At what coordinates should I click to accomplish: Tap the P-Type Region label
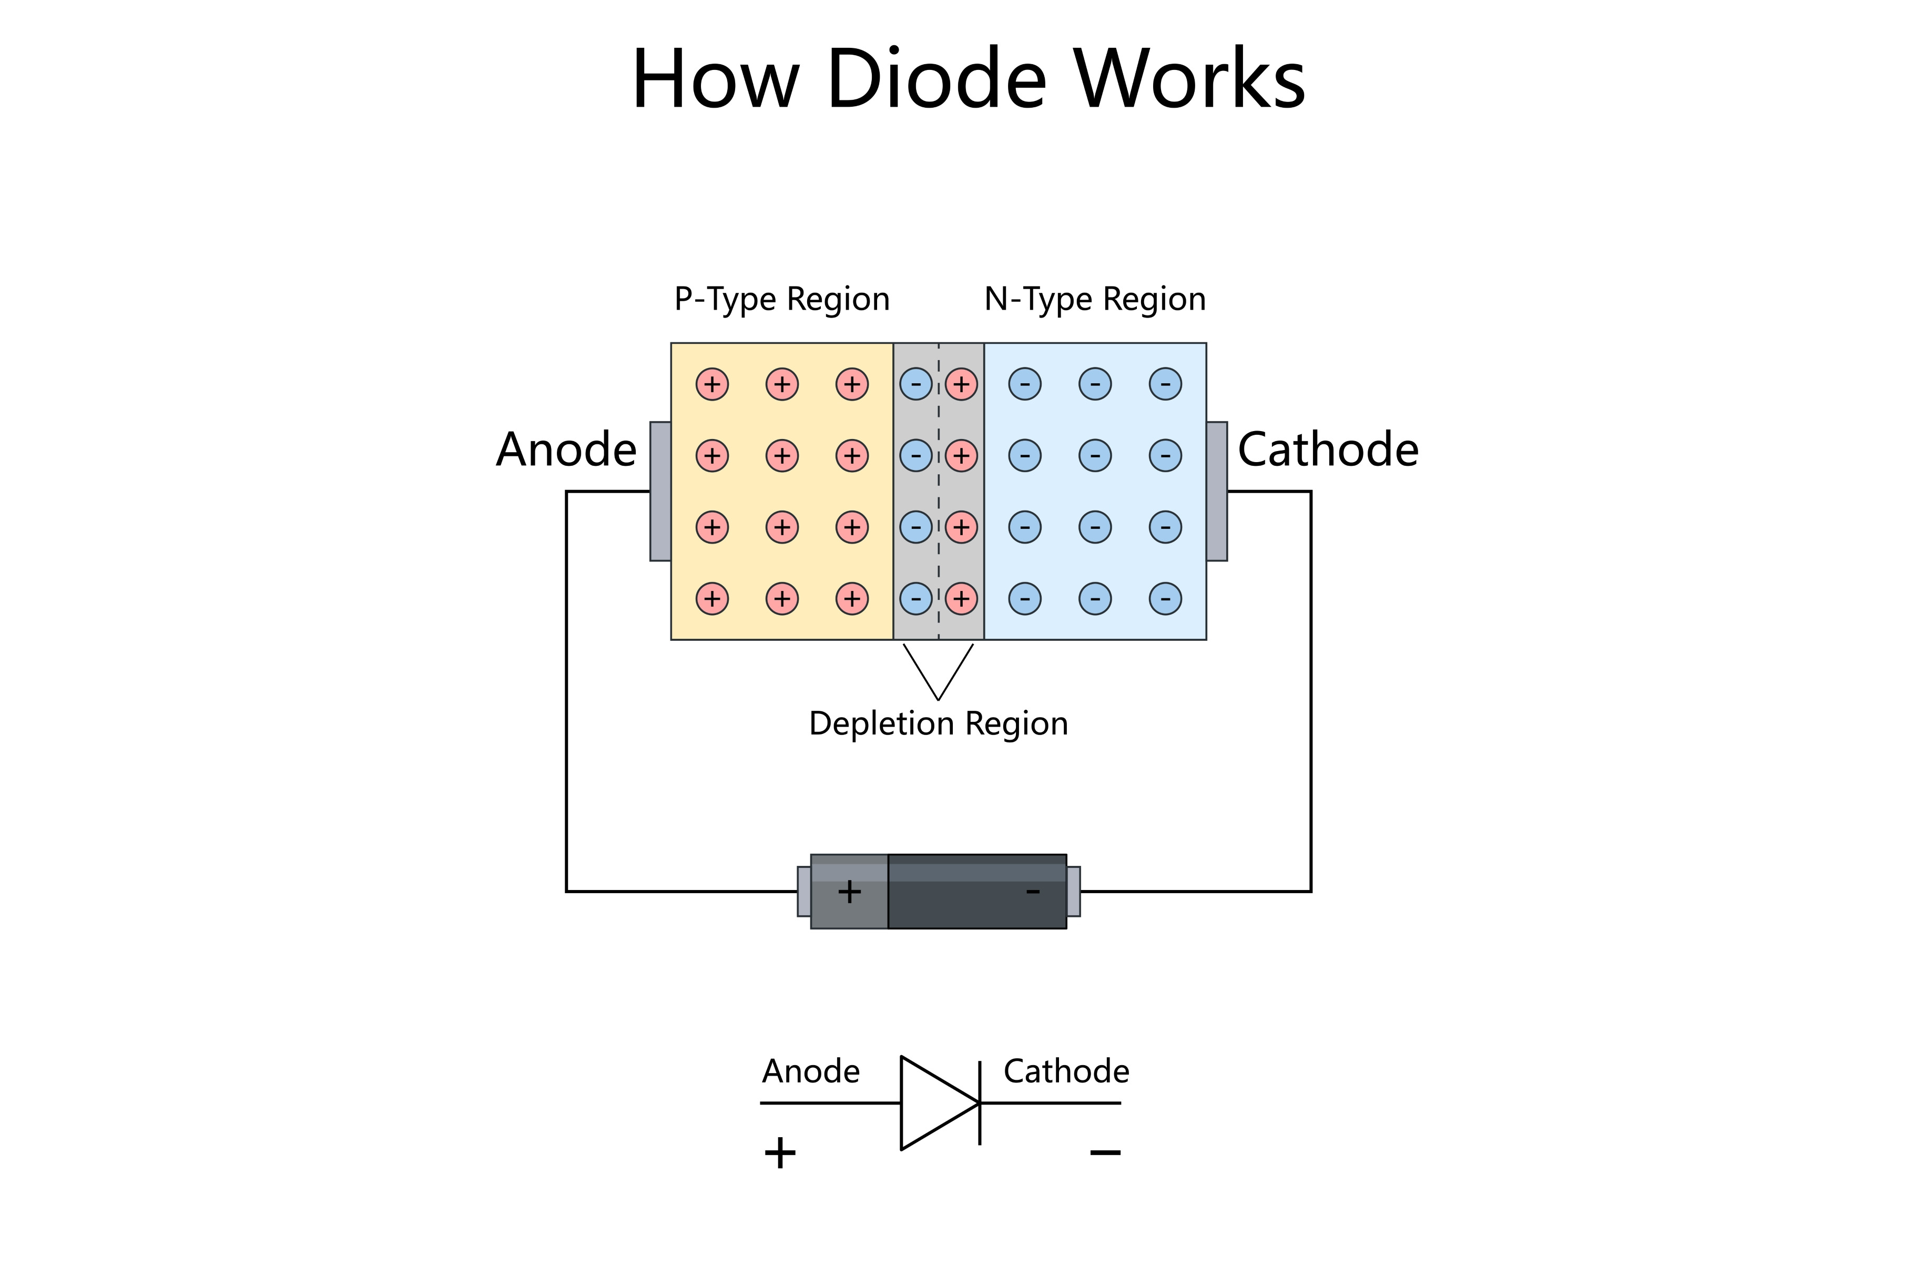click(781, 300)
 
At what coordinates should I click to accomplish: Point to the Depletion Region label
click(938, 723)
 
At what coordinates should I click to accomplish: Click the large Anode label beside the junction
click(566, 449)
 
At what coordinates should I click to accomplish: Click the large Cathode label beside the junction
click(1327, 449)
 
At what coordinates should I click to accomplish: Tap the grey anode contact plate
click(660, 491)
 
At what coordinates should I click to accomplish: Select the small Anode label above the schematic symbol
click(810, 1071)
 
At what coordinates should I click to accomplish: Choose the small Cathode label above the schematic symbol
click(1066, 1071)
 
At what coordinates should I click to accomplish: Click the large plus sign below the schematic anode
click(780, 1152)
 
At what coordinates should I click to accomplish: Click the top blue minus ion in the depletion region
click(915, 384)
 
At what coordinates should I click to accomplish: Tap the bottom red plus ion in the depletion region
click(961, 599)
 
